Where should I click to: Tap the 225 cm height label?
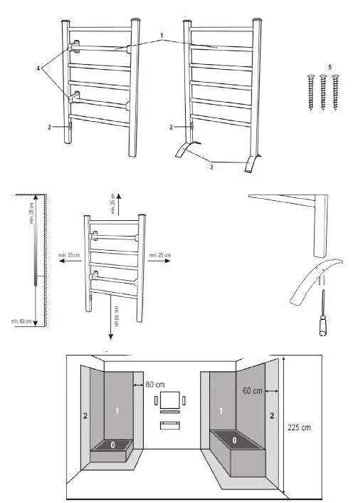tap(299, 427)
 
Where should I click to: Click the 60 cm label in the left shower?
tap(155, 384)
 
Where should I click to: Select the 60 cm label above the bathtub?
tap(252, 390)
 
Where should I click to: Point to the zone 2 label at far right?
tap(272, 413)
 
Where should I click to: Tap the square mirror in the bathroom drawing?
tap(169, 400)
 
